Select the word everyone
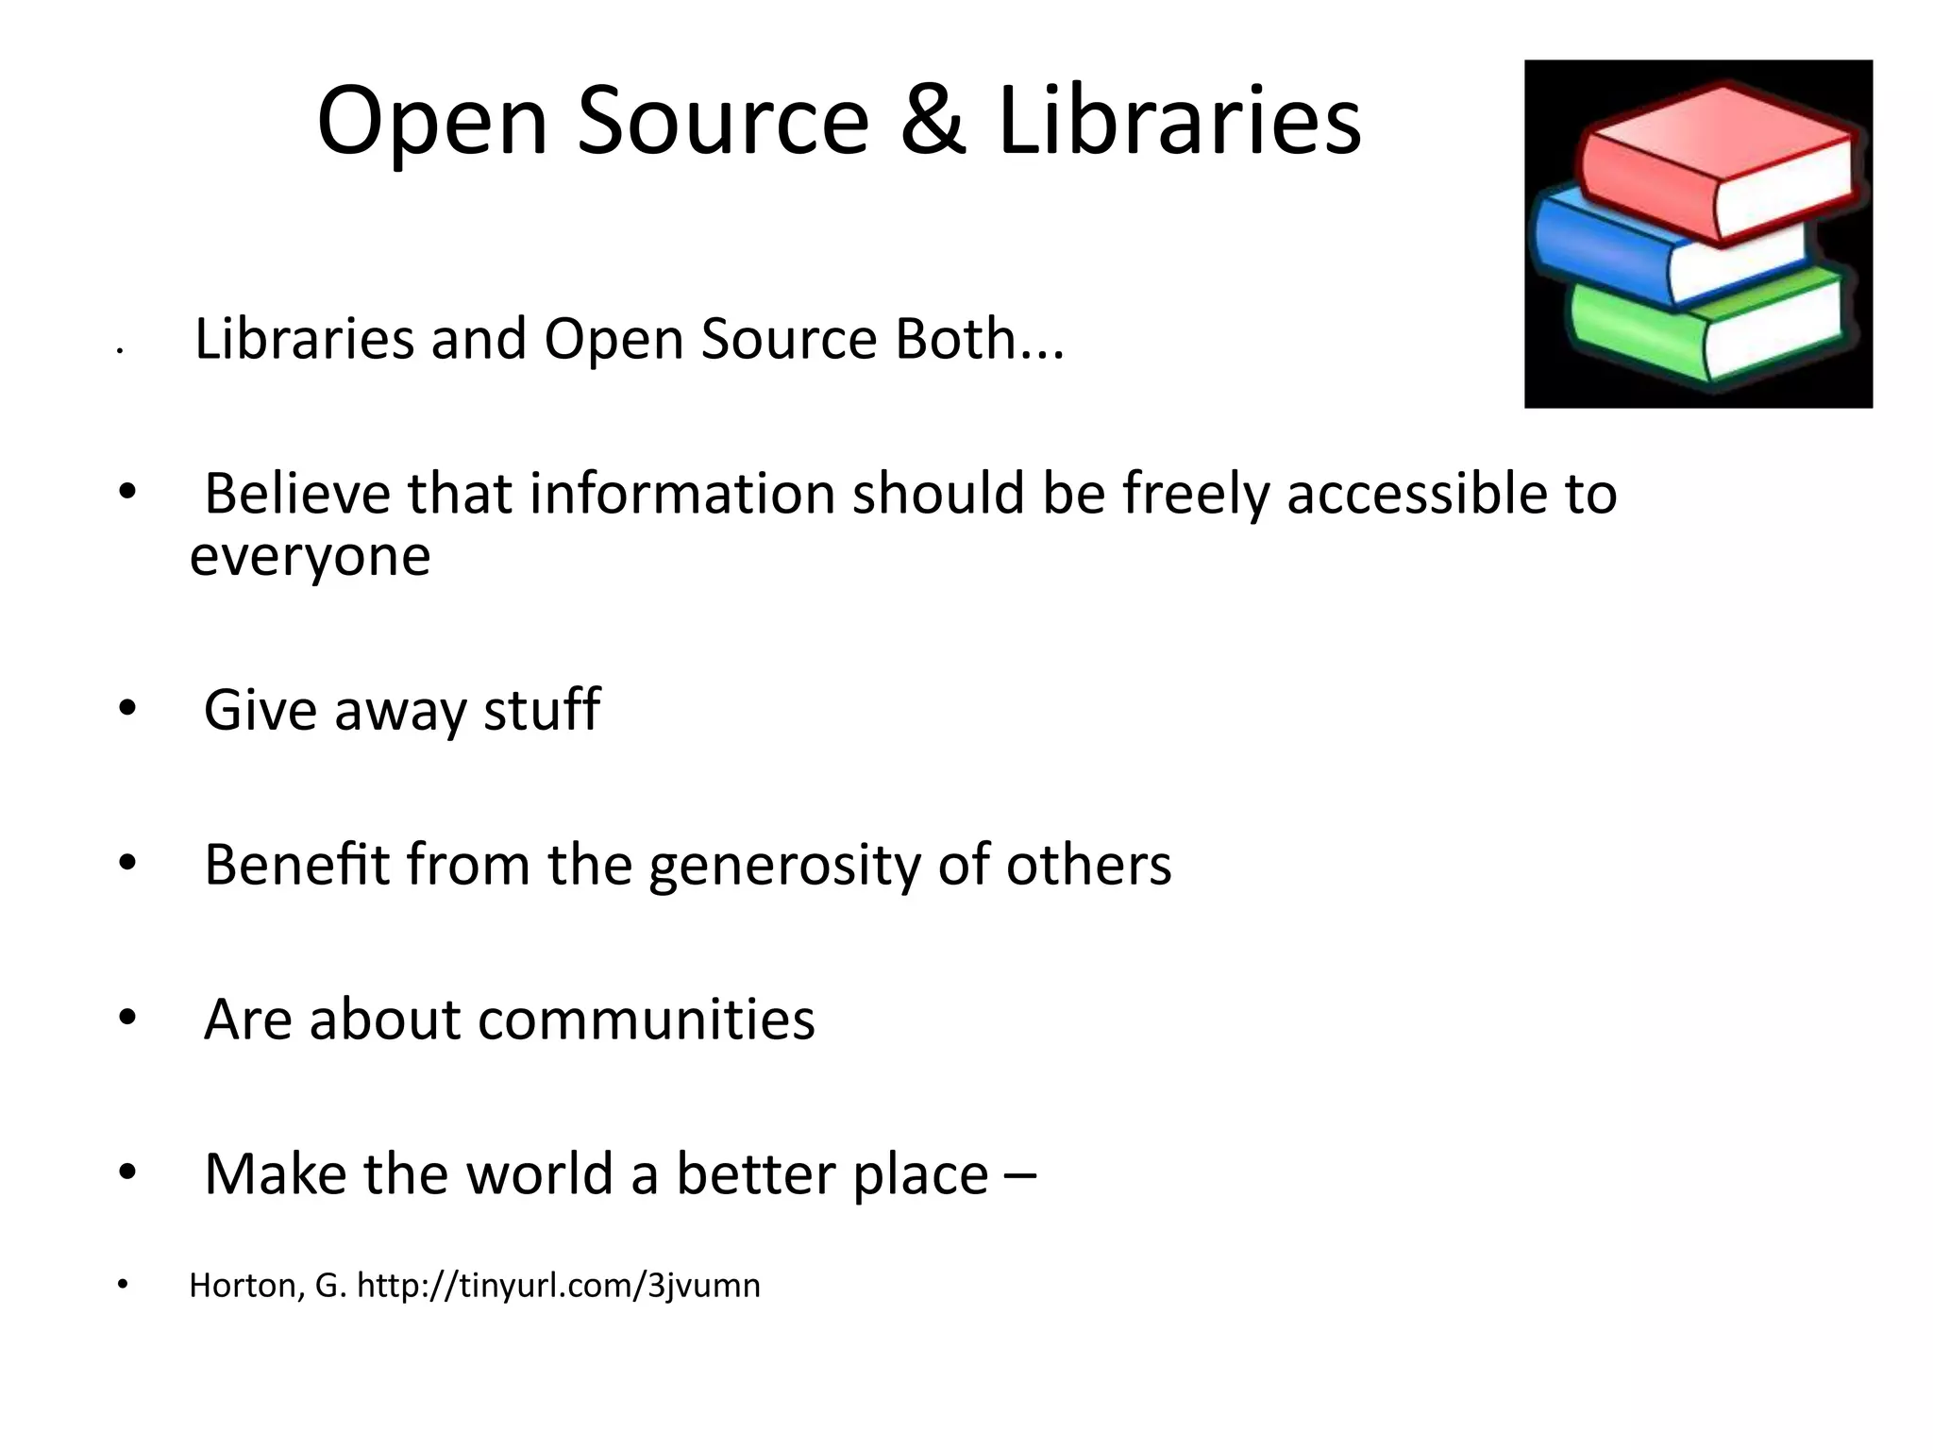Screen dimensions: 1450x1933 [311, 556]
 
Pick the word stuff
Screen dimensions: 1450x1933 [542, 710]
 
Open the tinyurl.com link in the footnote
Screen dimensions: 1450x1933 [559, 1286]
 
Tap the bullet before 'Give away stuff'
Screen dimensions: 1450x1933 [127, 708]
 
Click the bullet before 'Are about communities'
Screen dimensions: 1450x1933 [127, 1018]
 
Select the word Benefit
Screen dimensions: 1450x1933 [296, 865]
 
